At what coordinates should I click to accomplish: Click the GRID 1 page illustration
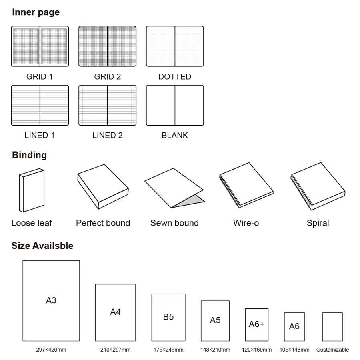[x=40, y=46]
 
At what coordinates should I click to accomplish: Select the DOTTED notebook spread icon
[x=175, y=46]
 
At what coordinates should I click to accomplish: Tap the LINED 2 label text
[x=107, y=135]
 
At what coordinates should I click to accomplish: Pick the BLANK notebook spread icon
[x=175, y=105]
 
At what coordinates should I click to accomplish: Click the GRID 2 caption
[x=107, y=76]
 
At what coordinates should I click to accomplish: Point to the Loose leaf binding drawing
[x=32, y=190]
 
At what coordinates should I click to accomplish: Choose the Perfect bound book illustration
[x=103, y=186]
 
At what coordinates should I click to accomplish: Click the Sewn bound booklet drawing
[x=174, y=188]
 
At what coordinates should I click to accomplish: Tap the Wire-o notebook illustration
[x=246, y=186]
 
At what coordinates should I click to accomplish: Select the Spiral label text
[x=318, y=223]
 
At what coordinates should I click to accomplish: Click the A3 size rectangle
[x=51, y=300]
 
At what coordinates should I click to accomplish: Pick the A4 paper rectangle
[x=115, y=312]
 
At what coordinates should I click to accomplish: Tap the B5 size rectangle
[x=168, y=317]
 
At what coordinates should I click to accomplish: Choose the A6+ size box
[x=256, y=324]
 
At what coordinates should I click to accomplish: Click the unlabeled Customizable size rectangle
[x=332, y=326]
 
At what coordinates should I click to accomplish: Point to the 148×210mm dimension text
[x=215, y=350]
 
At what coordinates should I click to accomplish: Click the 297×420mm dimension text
[x=51, y=350]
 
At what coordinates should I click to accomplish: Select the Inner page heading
[x=36, y=12]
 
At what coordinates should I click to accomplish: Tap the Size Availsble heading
[x=42, y=246]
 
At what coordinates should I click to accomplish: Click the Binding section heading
[x=29, y=155]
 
